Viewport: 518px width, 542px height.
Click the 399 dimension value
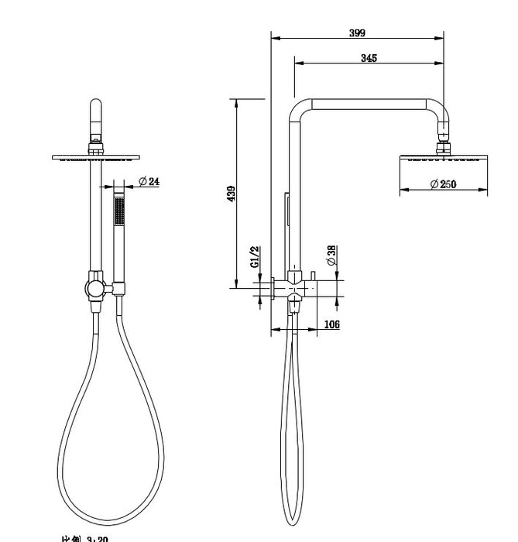coord(357,33)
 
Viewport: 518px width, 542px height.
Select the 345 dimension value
coord(369,58)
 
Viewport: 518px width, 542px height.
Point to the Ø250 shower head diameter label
coord(443,184)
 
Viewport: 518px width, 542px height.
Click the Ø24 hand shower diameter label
coord(149,181)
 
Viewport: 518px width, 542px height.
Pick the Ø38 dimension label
coord(331,256)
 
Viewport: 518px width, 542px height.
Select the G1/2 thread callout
coord(255,256)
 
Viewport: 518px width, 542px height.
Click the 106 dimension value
coord(331,324)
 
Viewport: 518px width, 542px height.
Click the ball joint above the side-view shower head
coord(444,144)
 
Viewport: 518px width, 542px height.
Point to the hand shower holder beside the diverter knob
coord(118,289)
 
